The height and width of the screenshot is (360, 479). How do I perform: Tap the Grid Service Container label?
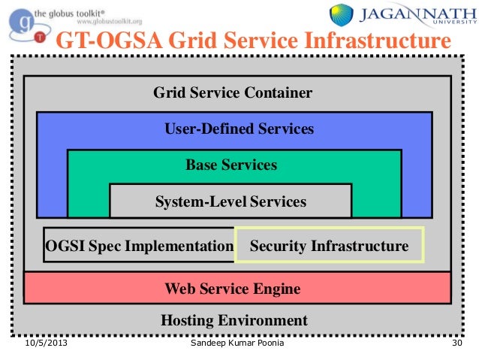click(x=233, y=93)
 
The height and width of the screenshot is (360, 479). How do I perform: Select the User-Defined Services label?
click(x=239, y=129)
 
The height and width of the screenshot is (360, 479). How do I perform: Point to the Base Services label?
click(x=231, y=165)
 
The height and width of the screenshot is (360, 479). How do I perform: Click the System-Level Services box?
click(x=230, y=201)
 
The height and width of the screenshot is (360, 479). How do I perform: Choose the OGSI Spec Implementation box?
click(x=140, y=246)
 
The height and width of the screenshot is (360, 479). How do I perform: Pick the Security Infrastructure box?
click(x=330, y=246)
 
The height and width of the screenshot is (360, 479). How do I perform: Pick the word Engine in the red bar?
click(x=277, y=288)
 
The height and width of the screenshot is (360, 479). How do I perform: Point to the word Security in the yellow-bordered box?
click(x=278, y=246)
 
